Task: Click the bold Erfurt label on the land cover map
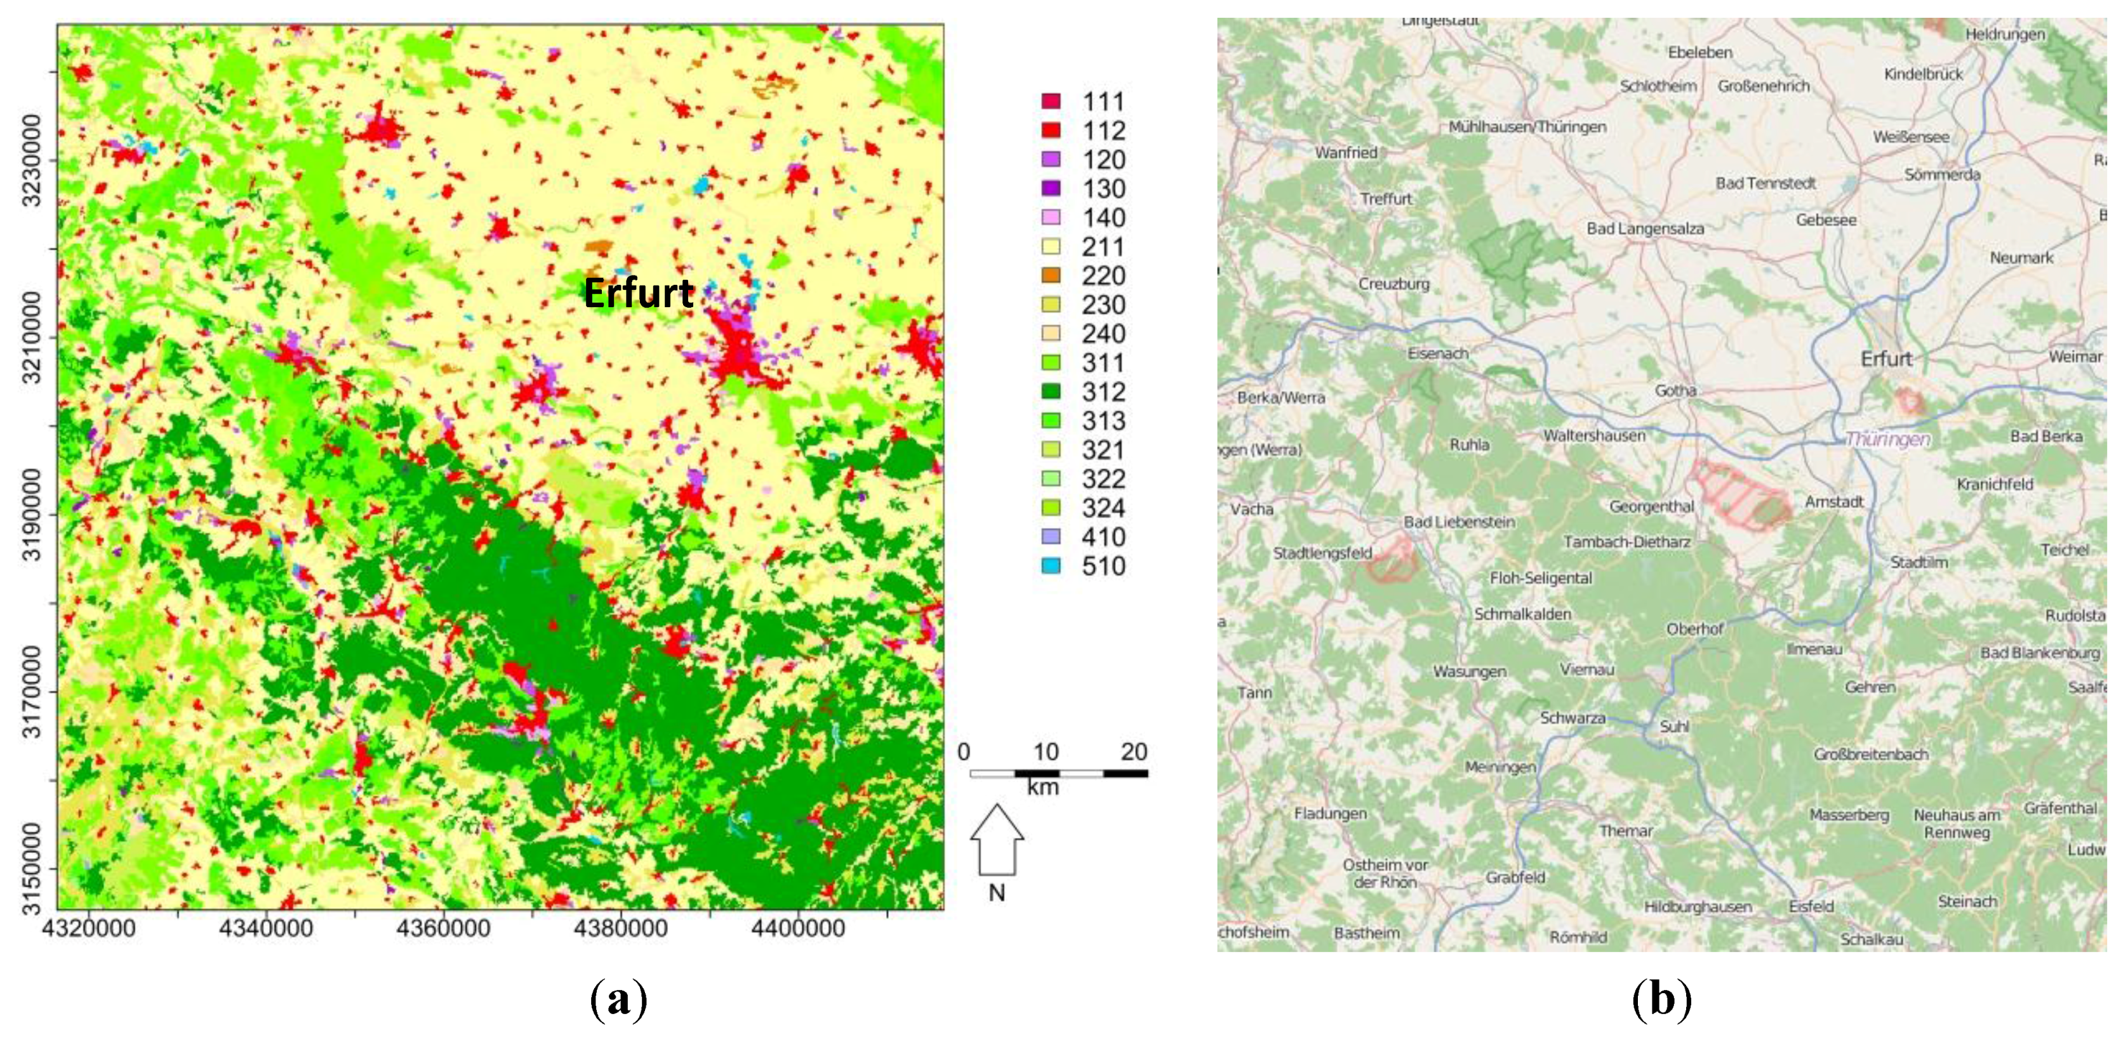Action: pos(639,293)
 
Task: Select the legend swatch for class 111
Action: pos(1051,102)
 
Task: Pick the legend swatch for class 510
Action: pos(1051,566)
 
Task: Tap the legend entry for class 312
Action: pos(1103,392)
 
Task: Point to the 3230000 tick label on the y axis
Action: pos(31,161)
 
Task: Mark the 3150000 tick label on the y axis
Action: pos(31,869)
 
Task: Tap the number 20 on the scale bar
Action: pos(1133,751)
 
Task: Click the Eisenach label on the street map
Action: pos(1438,353)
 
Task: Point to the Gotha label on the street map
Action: pos(1675,391)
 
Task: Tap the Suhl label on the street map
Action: pos(1675,727)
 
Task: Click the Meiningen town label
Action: pos(1500,767)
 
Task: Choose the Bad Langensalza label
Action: pos(1645,229)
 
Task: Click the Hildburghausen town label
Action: pos(1698,907)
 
